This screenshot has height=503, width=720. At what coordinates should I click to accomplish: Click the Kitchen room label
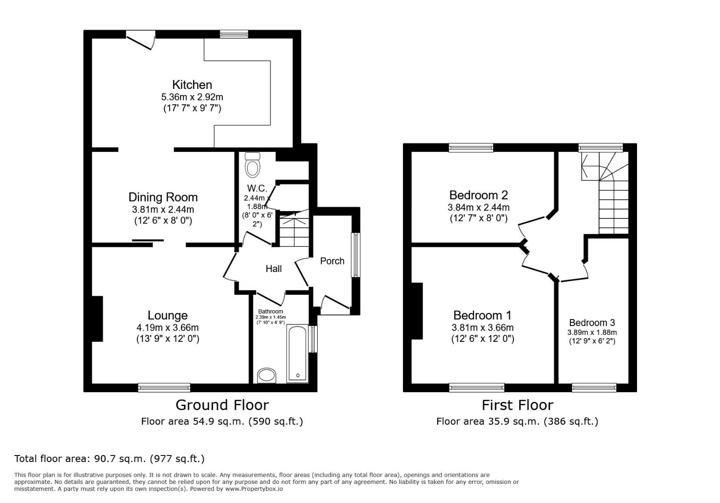[x=192, y=85]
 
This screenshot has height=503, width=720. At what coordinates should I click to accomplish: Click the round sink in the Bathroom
[x=267, y=375]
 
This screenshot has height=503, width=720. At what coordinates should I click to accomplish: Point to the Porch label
[x=332, y=261]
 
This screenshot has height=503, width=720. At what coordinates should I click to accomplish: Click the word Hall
[x=274, y=269]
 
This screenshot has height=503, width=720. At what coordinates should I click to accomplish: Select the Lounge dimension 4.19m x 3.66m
[x=168, y=327]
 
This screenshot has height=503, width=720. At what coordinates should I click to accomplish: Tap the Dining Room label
[x=163, y=197]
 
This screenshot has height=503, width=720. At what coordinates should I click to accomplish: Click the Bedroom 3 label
[x=592, y=323]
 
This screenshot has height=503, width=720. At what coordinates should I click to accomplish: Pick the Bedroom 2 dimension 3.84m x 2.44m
[x=478, y=207]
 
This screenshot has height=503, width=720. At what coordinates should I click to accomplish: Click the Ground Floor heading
[x=222, y=405]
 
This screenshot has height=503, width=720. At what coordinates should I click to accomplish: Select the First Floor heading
[x=517, y=405]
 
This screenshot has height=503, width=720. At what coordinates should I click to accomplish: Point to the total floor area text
[x=110, y=459]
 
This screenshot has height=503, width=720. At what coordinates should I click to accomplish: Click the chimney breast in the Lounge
[x=97, y=319]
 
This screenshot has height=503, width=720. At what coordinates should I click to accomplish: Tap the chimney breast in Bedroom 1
[x=417, y=311]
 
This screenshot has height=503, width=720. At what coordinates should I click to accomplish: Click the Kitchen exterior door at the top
[x=140, y=39]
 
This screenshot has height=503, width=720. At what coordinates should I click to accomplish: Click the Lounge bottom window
[x=164, y=387]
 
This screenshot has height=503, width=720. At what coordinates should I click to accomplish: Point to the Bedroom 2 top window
[x=471, y=148]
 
